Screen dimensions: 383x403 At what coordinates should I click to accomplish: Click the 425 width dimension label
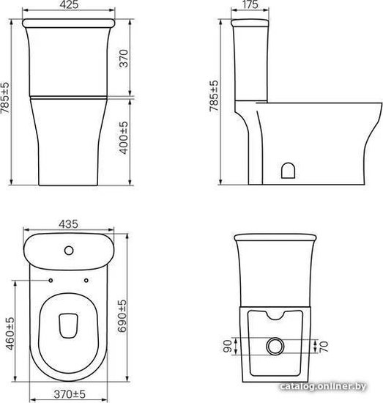70,5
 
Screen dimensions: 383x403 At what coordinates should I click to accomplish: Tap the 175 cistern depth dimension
250,5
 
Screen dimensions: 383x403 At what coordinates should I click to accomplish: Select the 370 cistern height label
124,59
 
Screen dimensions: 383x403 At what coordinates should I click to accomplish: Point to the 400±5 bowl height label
124,138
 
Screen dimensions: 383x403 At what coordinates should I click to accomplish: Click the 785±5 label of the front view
5,97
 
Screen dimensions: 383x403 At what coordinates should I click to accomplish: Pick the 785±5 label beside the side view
214,96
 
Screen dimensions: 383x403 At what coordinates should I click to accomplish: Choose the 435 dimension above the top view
68,224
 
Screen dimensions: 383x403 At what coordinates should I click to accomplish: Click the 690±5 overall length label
122,316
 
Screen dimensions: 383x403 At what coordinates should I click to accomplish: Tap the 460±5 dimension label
10,333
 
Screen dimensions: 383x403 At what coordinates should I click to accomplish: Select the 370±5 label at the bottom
70,394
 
